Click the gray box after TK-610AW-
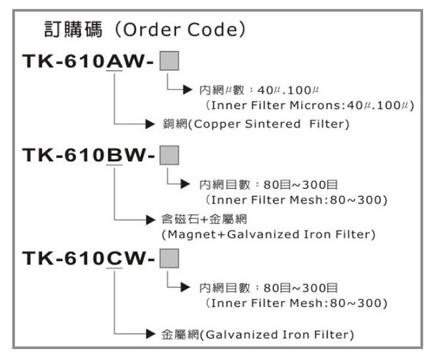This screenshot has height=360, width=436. click(x=170, y=61)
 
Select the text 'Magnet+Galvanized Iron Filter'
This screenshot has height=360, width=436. click(x=268, y=234)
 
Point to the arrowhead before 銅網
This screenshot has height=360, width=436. click(x=151, y=124)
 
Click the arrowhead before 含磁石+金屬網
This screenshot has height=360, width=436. click(x=151, y=219)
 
